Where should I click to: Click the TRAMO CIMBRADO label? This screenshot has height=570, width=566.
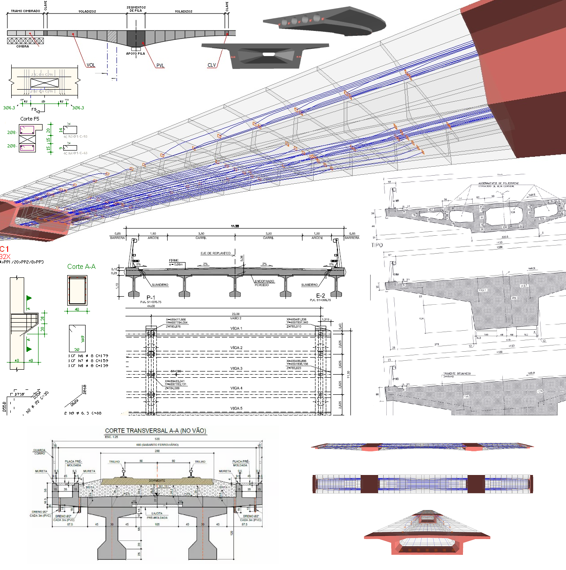pyautogui.click(x=26, y=11)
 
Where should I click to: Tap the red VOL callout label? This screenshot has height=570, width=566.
pyautogui.click(x=91, y=65)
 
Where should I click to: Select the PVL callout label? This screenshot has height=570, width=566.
pyautogui.click(x=160, y=65)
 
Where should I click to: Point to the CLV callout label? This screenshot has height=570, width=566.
pyautogui.click(x=212, y=65)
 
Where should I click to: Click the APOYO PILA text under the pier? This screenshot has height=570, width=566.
pyautogui.click(x=135, y=53)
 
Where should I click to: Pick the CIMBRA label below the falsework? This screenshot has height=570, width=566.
pyautogui.click(x=22, y=46)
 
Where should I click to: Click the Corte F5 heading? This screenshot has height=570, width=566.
pyautogui.click(x=30, y=119)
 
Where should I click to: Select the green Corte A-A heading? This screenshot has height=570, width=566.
pyautogui.click(x=81, y=267)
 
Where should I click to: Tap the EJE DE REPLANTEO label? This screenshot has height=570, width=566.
pyautogui.click(x=216, y=253)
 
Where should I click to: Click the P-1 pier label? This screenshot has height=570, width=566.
pyautogui.click(x=151, y=298)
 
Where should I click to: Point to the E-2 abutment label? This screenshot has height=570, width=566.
pyautogui.click(x=320, y=296)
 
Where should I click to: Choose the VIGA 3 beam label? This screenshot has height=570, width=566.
pyautogui.click(x=236, y=368)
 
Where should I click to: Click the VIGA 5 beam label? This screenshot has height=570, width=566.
pyautogui.click(x=236, y=408)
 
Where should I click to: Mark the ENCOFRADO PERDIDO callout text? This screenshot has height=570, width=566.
pyautogui.click(x=264, y=283)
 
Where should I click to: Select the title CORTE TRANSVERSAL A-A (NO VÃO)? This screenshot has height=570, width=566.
pyautogui.click(x=156, y=431)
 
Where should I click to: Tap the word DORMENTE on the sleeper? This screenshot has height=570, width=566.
pyautogui.click(x=157, y=480)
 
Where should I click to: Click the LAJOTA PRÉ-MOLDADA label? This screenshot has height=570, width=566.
pyautogui.click(x=157, y=515)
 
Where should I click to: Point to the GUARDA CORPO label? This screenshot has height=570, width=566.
pyautogui.click(x=39, y=452)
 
